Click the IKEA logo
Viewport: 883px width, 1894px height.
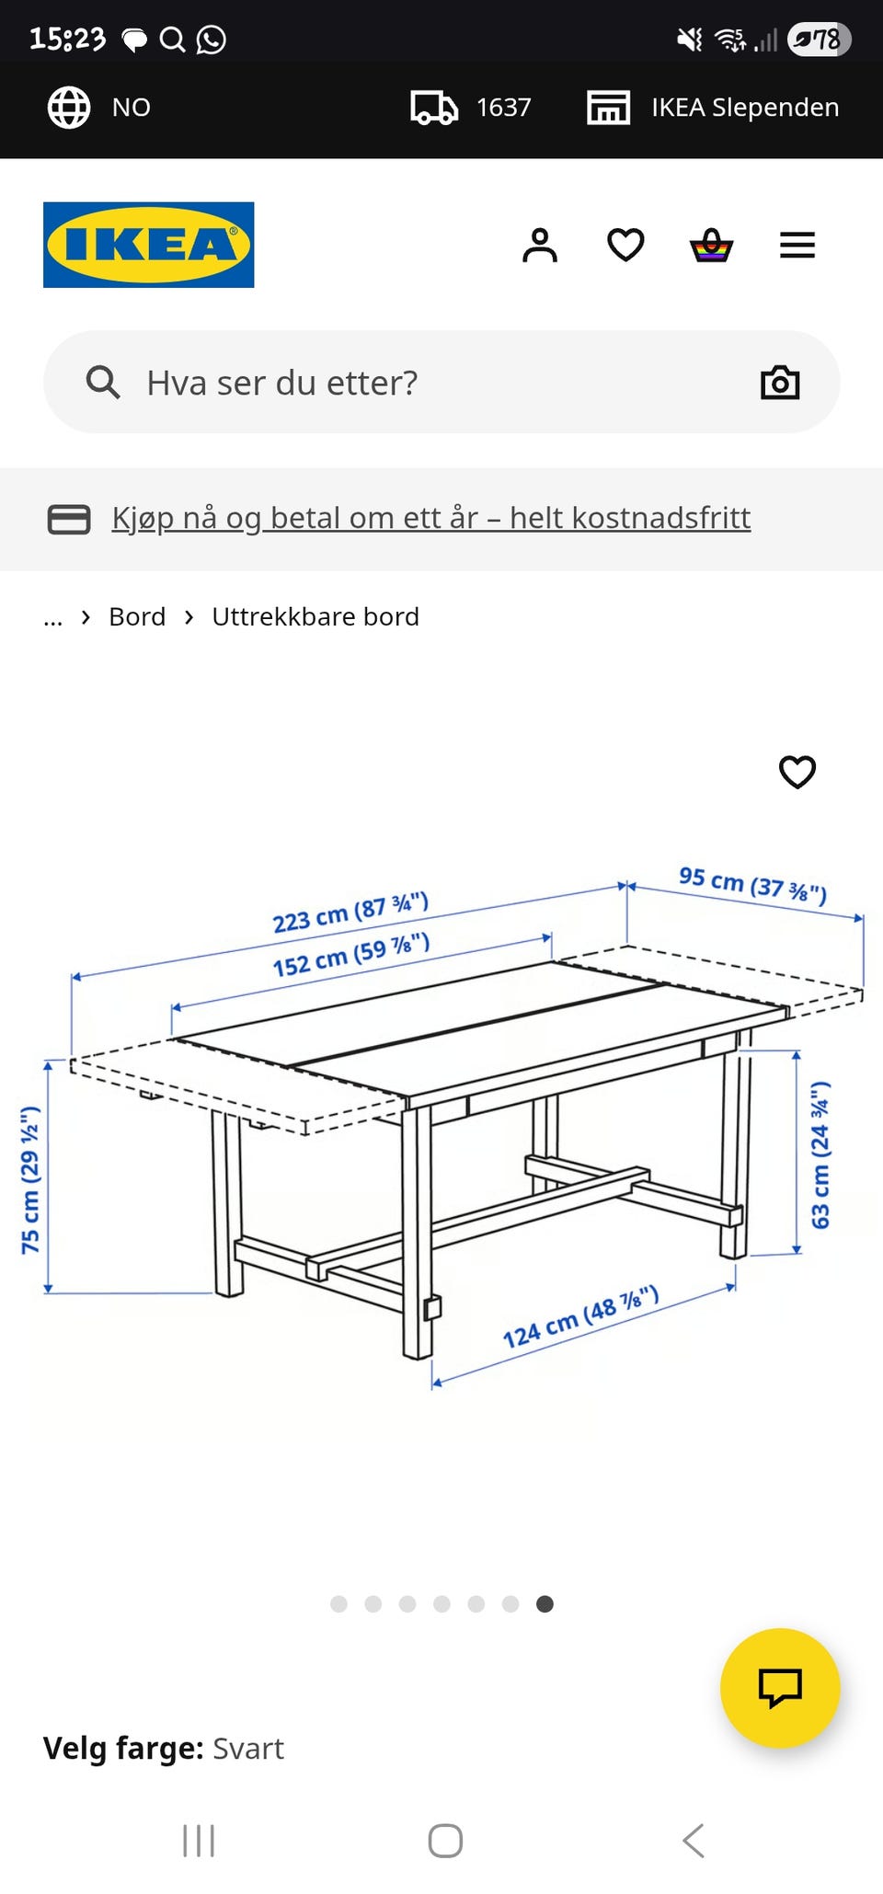point(148,245)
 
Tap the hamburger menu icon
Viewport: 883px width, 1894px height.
point(797,245)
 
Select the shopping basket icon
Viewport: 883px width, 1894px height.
point(712,246)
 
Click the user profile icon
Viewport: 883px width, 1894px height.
point(540,246)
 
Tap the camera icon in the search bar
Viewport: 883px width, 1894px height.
point(780,383)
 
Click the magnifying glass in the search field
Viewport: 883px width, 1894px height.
point(103,383)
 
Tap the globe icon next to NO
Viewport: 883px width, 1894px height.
point(69,108)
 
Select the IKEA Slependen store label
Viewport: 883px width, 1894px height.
point(744,108)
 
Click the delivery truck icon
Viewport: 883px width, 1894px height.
point(434,108)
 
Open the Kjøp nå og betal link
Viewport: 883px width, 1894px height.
point(430,518)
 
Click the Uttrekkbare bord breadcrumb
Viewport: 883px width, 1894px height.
point(315,616)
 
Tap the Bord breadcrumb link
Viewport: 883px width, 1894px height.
point(137,616)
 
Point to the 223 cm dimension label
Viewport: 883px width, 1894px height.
point(350,913)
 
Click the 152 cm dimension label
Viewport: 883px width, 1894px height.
point(351,955)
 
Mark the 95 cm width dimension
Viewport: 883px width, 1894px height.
point(752,885)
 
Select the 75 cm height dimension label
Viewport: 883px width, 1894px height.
point(30,1180)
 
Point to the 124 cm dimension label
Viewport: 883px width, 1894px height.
point(580,1317)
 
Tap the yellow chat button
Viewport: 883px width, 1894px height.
point(780,1688)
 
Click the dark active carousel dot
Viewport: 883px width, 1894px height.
point(545,1604)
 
